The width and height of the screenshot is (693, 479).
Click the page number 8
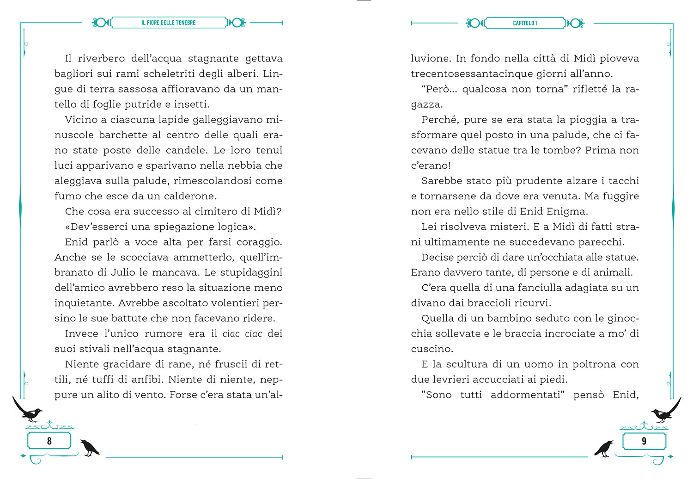[49, 441]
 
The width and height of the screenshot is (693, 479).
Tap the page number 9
[644, 441]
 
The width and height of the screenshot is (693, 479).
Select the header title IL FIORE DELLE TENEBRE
[169, 23]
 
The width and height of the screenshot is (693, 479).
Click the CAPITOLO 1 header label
[525, 23]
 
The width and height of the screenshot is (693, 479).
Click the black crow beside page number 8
[89, 447]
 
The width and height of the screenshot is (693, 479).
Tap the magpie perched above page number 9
[665, 411]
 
